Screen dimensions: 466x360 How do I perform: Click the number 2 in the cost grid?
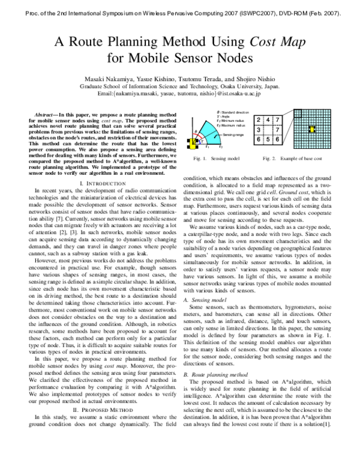pyautogui.click(x=259, y=120)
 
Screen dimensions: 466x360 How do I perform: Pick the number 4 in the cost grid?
pyautogui.click(x=268, y=120)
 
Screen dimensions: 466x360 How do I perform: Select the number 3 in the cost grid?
pyautogui.click(x=259, y=130)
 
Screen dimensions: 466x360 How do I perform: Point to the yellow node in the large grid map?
pyautogui.click(x=310, y=129)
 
